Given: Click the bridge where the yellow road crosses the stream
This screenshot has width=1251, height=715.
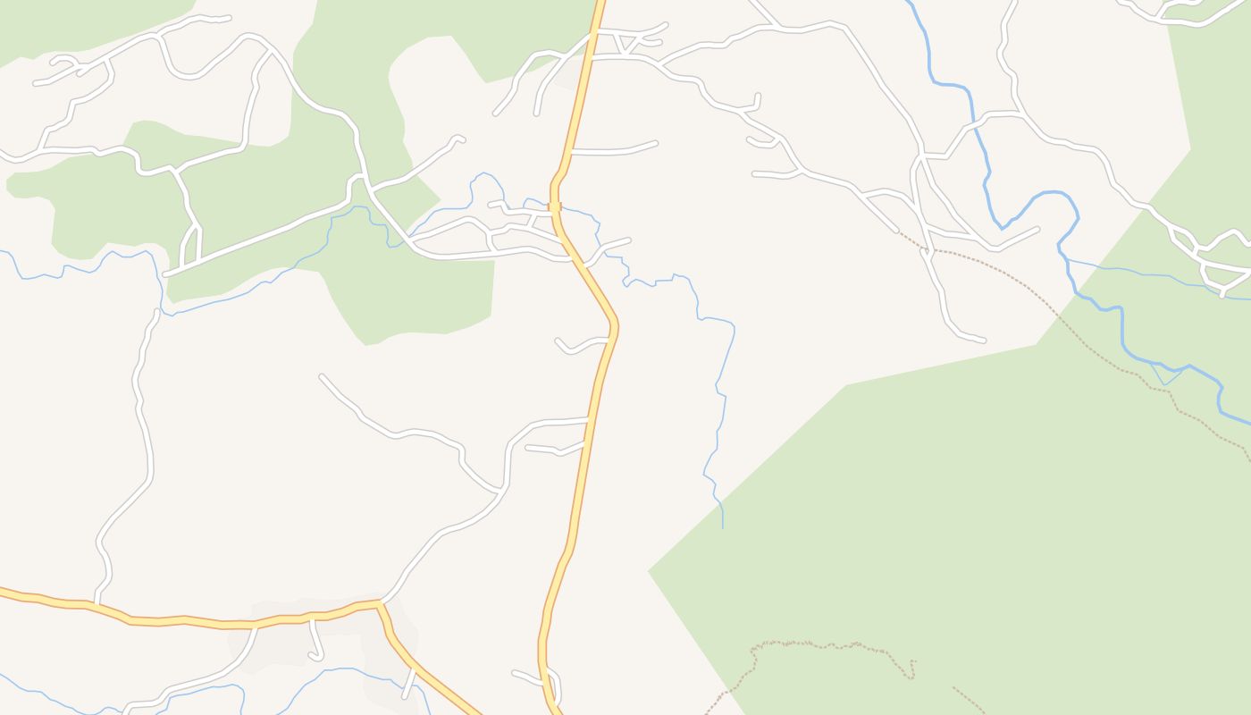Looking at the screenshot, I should click(x=555, y=206).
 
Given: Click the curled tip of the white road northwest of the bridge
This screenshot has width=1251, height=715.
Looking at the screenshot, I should click(x=459, y=139).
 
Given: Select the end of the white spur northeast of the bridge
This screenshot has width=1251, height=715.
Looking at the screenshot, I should click(x=629, y=240).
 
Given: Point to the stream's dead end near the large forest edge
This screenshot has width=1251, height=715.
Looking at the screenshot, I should click(x=722, y=527).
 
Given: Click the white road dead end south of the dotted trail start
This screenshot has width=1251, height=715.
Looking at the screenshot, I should click(x=983, y=341).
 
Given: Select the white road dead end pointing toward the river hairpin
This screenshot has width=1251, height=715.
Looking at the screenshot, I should click(x=1037, y=228).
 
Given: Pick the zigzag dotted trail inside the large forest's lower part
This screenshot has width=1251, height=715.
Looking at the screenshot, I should click(x=831, y=645).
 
